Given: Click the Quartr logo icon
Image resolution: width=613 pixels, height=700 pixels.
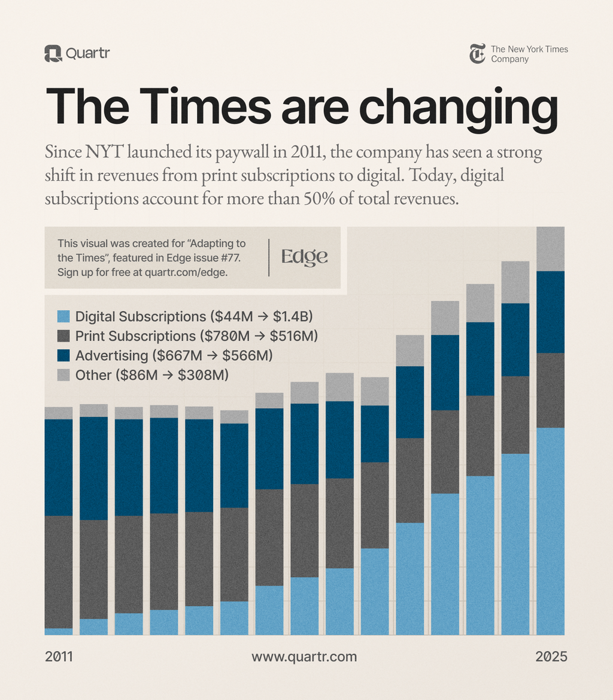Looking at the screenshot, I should click(x=53, y=54).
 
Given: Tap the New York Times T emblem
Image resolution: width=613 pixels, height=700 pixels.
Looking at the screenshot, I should click(x=477, y=54).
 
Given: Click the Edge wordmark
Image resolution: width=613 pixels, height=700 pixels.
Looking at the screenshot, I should click(x=305, y=257).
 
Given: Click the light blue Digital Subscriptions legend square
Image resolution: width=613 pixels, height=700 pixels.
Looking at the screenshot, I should click(x=63, y=316).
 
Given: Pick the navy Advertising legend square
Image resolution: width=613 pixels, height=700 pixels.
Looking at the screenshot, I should click(x=63, y=355).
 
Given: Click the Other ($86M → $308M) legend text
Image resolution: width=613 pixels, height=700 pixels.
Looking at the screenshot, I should click(x=152, y=375).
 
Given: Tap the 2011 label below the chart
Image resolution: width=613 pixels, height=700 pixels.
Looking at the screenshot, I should click(x=59, y=656).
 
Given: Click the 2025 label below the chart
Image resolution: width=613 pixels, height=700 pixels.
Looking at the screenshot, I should click(x=551, y=656).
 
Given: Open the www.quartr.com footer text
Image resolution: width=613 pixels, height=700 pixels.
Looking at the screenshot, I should click(x=304, y=656).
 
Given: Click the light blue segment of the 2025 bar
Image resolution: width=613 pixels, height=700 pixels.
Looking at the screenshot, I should click(x=550, y=531).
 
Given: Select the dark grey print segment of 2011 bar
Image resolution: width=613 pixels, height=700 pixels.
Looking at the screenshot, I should click(x=59, y=571).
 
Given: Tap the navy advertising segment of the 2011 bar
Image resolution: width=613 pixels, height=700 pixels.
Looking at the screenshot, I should click(x=59, y=467).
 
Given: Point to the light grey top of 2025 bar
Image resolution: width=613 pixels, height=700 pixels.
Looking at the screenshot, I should click(x=550, y=249).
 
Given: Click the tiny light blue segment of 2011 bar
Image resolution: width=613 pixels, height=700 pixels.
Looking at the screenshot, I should click(x=59, y=631).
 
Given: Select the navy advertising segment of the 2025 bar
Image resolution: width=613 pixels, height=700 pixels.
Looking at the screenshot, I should click(x=550, y=312).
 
